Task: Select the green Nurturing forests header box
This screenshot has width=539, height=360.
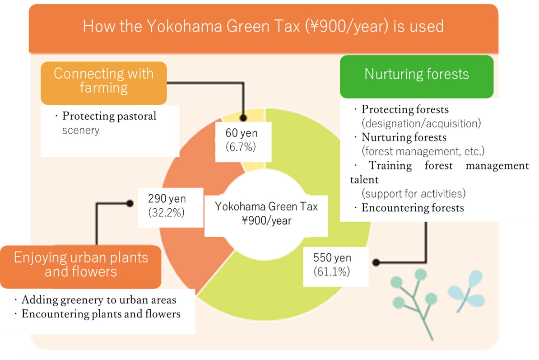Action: (x=417, y=76)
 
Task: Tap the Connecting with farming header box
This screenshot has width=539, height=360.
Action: (x=104, y=83)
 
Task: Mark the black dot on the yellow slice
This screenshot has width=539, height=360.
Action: (x=243, y=118)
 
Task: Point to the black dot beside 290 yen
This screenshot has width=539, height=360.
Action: (x=130, y=204)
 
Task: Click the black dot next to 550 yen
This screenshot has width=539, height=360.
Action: (x=376, y=262)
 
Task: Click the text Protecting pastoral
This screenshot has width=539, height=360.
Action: (x=109, y=116)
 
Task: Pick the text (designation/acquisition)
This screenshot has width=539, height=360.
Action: (x=421, y=123)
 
